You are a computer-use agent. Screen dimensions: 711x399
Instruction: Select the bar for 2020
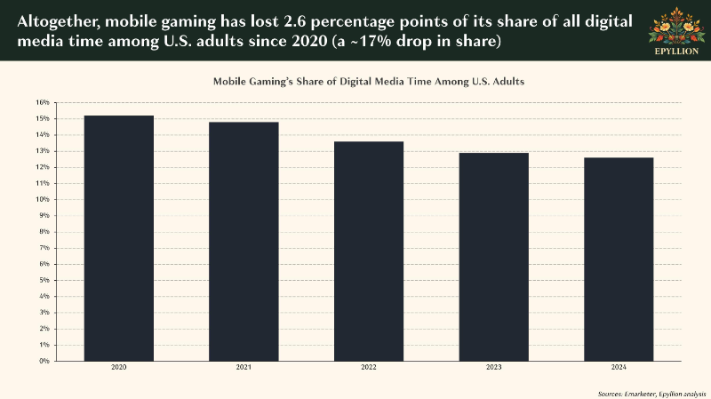click(x=119, y=238)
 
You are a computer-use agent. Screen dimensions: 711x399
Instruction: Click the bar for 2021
click(x=244, y=242)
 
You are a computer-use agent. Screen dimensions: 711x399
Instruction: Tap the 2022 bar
click(x=369, y=251)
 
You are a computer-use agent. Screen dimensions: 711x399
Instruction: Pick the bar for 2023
click(x=494, y=257)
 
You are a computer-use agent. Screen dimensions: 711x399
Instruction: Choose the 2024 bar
click(x=619, y=259)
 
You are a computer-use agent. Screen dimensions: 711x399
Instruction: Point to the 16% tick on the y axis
click(x=43, y=102)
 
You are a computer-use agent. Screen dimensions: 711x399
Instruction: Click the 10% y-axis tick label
click(x=43, y=199)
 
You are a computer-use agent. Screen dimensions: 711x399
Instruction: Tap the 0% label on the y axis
click(x=44, y=361)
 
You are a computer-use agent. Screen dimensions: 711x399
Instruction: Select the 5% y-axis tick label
click(x=44, y=280)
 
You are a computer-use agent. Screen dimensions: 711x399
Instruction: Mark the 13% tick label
click(x=43, y=151)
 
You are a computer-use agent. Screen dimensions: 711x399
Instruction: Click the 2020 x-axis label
click(x=119, y=367)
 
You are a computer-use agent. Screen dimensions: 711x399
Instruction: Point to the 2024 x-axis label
click(x=619, y=367)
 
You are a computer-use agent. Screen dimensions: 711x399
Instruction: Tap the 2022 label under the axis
click(x=369, y=367)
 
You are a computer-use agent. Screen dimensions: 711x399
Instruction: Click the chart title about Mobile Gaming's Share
click(x=369, y=82)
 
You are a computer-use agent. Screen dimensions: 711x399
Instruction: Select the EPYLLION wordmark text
click(x=676, y=52)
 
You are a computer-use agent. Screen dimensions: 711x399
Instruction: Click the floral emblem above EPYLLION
click(x=676, y=26)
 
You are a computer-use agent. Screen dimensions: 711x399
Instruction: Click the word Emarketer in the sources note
click(x=639, y=394)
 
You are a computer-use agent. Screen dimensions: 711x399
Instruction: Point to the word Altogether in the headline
click(x=56, y=22)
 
